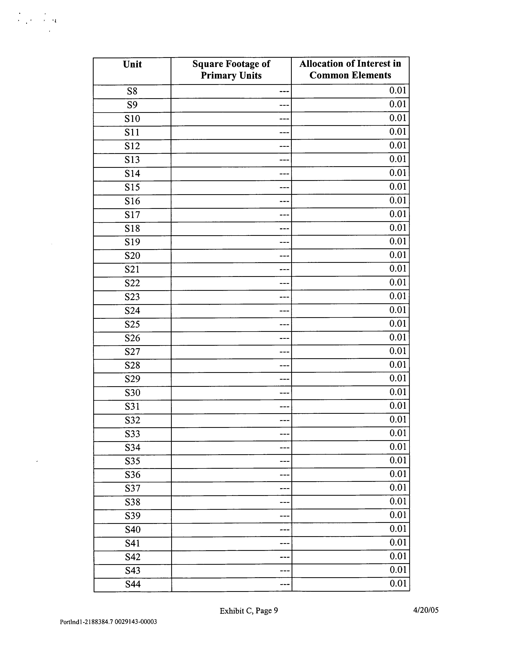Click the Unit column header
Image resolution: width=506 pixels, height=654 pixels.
coord(132,64)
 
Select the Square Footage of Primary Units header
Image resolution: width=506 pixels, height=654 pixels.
coord(231,69)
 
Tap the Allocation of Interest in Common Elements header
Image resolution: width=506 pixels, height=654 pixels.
coord(350,69)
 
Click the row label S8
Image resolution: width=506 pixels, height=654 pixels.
coord(132,91)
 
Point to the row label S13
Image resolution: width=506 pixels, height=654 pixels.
coord(132,160)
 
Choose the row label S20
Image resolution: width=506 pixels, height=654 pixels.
coord(132,256)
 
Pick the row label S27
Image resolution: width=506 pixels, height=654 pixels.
coord(132,351)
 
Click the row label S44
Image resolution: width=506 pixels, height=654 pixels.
coord(133,584)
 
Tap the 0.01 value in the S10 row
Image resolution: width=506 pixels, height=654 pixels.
coord(398,118)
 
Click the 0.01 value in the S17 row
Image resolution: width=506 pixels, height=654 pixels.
coord(398,214)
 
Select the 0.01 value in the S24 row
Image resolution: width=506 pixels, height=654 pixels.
coord(398,310)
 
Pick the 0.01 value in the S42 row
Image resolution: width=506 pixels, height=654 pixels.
coord(398,556)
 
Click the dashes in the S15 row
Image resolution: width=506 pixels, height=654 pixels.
coord(284,188)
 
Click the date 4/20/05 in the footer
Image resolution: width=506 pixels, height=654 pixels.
coord(426,610)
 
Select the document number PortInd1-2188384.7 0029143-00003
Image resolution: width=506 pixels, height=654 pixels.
coord(108,622)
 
